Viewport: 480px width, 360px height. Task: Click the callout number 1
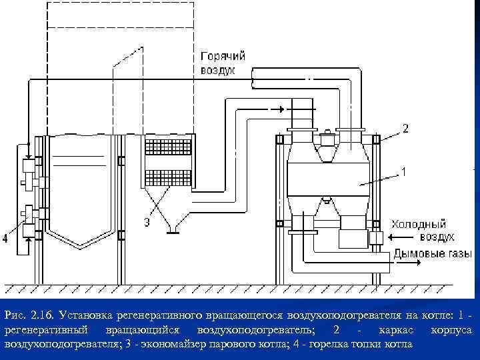tap(404, 172)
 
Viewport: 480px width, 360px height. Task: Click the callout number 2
tap(405, 128)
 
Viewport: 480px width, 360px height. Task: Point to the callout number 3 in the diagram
tap(147, 222)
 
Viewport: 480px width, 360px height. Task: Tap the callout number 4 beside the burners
tap(5, 238)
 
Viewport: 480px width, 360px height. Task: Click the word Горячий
tap(223, 56)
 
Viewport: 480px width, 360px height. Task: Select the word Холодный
tap(419, 225)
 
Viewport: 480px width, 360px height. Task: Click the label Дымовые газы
tap(433, 254)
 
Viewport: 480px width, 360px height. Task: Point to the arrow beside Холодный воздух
tap(401, 237)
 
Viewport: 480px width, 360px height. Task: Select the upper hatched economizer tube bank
tap(168, 147)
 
